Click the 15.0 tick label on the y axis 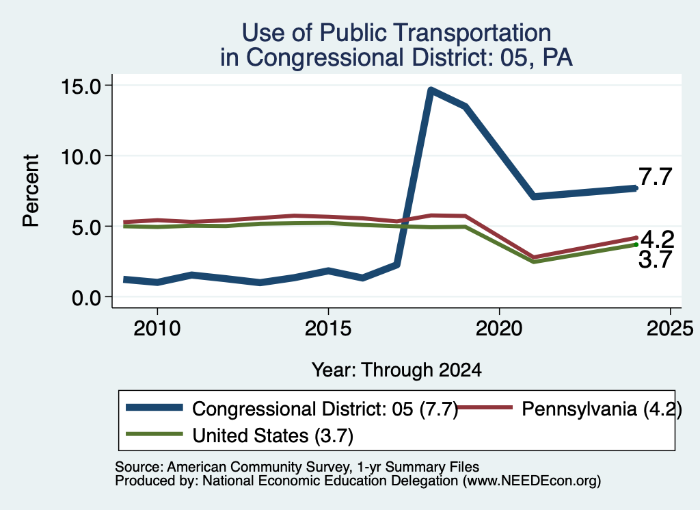[x=82, y=86]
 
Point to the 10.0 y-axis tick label [x=82, y=157]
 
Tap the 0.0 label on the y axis [x=87, y=298]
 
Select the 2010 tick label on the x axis [x=157, y=329]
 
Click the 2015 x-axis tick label [x=328, y=329]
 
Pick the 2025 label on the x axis [x=670, y=329]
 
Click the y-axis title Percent [x=31, y=190]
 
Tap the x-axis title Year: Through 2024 [x=396, y=370]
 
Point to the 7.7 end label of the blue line [x=655, y=177]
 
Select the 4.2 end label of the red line [x=657, y=240]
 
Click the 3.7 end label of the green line [x=655, y=259]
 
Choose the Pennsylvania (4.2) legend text [x=602, y=409]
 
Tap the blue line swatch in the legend [x=154, y=407]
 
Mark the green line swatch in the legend [x=154, y=434]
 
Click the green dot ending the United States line [x=636, y=244]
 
